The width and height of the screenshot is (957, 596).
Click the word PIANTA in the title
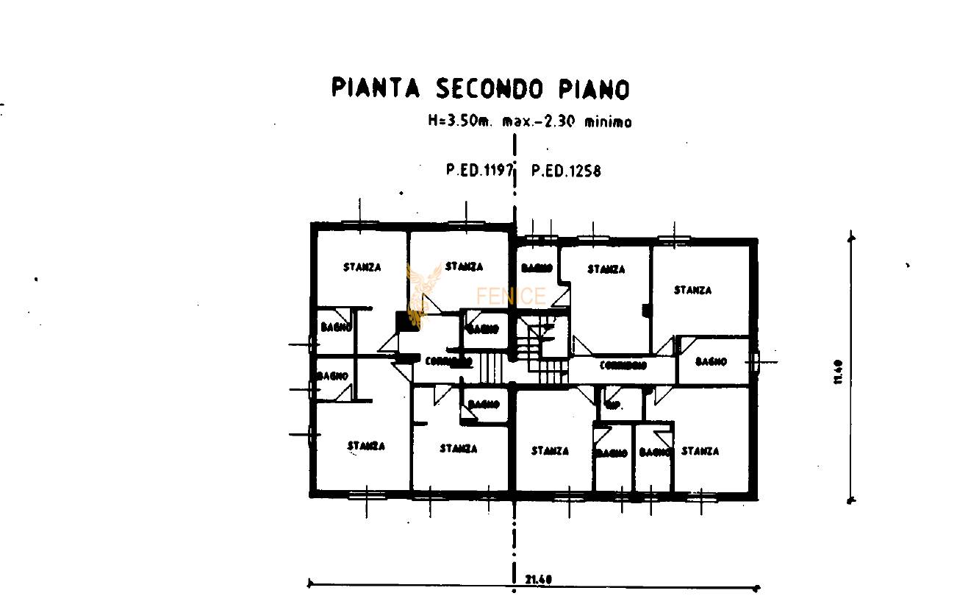tap(375, 88)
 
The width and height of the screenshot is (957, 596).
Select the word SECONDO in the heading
tap(490, 88)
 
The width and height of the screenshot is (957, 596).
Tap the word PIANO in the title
tap(594, 89)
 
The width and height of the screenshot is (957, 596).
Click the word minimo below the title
tap(607, 122)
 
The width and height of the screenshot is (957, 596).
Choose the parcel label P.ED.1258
tap(566, 171)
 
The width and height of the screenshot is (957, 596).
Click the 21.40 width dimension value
tap(539, 579)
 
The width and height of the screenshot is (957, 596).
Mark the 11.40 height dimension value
tap(839, 371)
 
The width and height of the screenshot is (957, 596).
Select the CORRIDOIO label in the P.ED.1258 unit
tap(623, 365)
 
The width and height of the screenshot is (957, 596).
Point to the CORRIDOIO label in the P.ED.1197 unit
tap(448, 361)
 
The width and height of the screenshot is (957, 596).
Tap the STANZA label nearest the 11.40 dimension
tap(692, 290)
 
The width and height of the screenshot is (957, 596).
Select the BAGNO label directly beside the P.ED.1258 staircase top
tap(537, 269)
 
